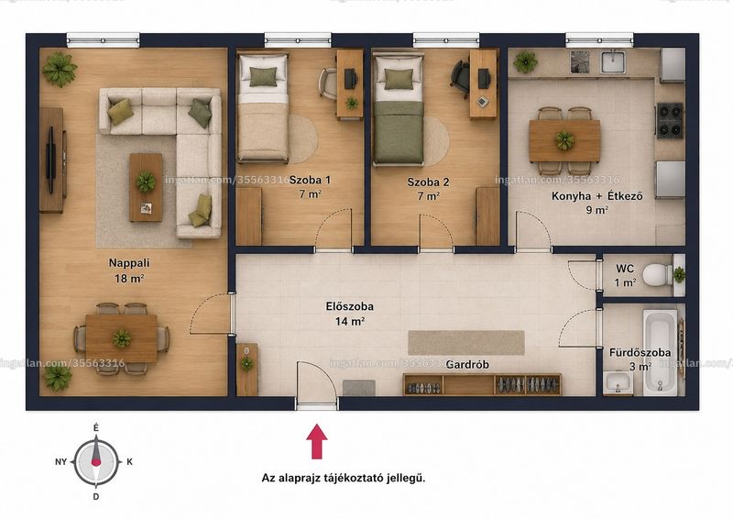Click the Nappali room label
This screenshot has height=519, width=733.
click(x=129, y=262)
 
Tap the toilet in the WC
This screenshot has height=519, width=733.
click(x=657, y=275)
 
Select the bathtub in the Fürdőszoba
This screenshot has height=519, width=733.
click(x=660, y=350)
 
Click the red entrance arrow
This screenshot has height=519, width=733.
click(x=316, y=441)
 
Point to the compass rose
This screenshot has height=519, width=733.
click(x=96, y=462)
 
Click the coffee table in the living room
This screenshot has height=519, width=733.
click(x=146, y=187)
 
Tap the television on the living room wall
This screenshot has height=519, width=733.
click(x=50, y=160)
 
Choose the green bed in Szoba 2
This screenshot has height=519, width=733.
click(x=399, y=109)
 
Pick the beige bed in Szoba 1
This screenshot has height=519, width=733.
click(x=262, y=107)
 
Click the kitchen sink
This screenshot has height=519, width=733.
click(x=612, y=61)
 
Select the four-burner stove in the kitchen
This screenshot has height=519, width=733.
click(x=670, y=120)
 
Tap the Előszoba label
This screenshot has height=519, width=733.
click(x=350, y=306)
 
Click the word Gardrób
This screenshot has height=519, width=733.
click(x=467, y=364)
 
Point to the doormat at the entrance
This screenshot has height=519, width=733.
click(x=359, y=388)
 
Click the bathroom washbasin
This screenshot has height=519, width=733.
click(x=617, y=382)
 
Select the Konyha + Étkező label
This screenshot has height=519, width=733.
click(x=597, y=195)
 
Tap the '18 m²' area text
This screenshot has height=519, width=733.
click(x=129, y=279)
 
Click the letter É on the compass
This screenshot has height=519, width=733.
click(x=96, y=427)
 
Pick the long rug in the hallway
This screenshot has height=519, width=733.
click(x=466, y=343)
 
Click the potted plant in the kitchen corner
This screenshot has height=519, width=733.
click(x=525, y=61)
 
